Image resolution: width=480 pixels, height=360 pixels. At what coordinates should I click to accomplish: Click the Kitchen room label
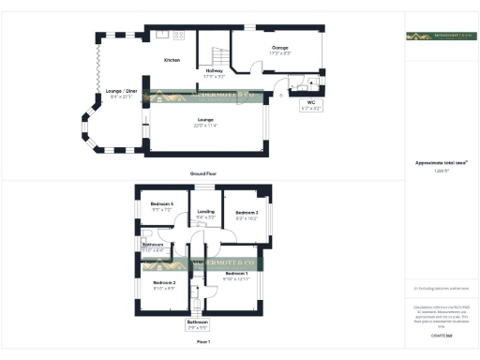172,60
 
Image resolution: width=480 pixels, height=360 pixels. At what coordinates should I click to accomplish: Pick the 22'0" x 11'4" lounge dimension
205,124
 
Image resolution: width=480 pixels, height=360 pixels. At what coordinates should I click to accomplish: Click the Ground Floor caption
203,173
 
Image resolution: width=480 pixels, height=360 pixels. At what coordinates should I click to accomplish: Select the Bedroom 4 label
162,204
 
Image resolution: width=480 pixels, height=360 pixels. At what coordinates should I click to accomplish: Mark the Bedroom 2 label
165,281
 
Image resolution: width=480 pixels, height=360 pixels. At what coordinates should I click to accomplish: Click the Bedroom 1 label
235,273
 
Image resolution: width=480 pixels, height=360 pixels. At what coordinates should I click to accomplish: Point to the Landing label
206,212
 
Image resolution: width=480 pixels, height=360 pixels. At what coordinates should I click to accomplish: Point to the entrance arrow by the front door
280,92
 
